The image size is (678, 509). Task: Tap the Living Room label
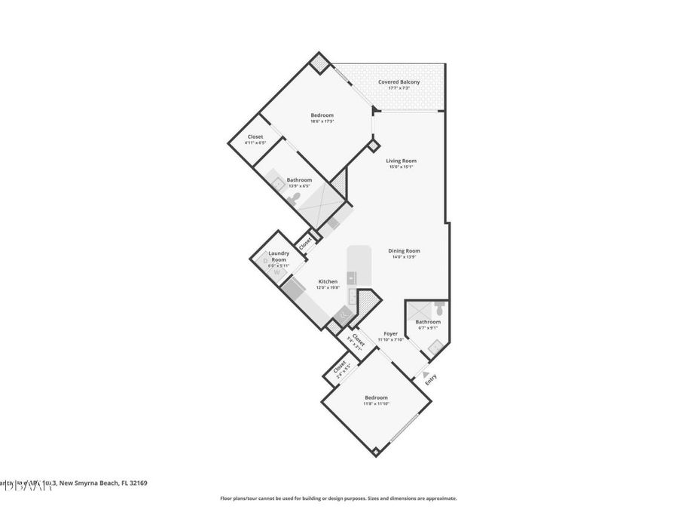[401, 161]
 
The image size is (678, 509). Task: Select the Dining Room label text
[404, 251]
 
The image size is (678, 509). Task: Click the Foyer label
[390, 333]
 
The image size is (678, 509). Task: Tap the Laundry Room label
[279, 256]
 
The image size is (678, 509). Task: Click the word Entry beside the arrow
[430, 381]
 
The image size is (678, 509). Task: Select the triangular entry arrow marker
[426, 373]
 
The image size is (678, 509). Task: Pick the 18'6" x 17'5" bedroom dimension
[322, 121]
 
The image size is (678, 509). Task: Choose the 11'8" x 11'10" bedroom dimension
[376, 404]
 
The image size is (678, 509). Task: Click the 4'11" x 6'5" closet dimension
[255, 143]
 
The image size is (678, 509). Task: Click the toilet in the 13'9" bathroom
[296, 198]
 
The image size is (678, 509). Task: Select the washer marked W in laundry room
[276, 273]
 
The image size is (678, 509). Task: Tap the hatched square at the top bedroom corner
[320, 63]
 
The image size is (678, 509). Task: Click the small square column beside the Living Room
[372, 144]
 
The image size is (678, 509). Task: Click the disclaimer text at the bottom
[338, 498]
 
